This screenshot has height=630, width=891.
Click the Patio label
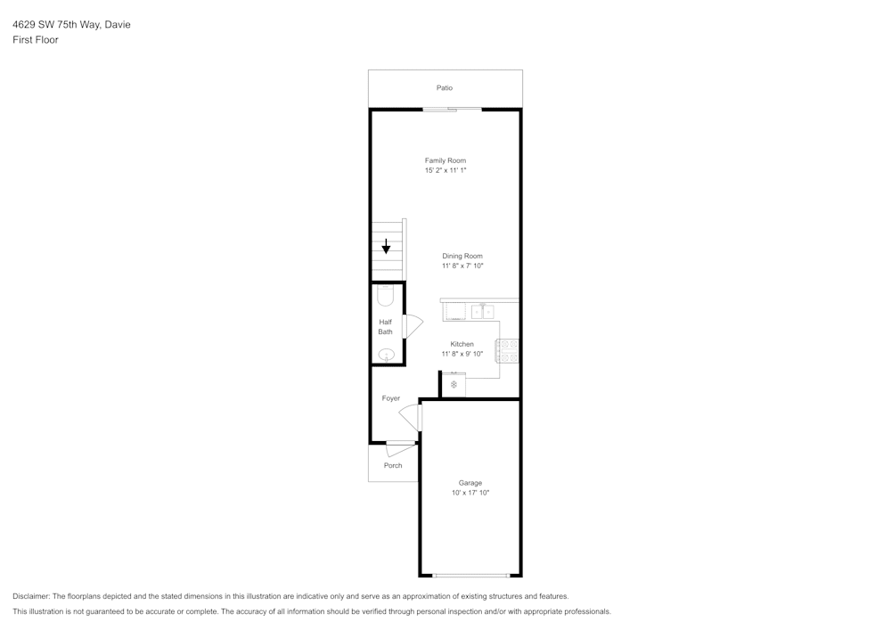(x=444, y=88)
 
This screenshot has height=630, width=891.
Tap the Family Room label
(x=445, y=160)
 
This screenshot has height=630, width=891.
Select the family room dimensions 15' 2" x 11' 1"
(x=445, y=170)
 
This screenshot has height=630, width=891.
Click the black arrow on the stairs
(x=386, y=247)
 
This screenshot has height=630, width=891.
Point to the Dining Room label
(x=462, y=256)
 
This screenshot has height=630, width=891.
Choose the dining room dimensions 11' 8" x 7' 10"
(x=462, y=266)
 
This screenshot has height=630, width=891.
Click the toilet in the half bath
(x=385, y=295)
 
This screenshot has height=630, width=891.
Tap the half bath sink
(x=386, y=355)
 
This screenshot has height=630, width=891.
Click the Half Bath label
(x=385, y=327)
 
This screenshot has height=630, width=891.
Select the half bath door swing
(x=413, y=326)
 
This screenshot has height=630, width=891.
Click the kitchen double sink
(x=483, y=311)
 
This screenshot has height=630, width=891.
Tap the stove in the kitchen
(x=508, y=350)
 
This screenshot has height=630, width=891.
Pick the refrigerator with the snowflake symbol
(x=454, y=385)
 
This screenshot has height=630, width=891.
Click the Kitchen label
(x=462, y=344)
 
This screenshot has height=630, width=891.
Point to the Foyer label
(x=391, y=398)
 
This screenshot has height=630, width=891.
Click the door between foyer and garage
(x=411, y=417)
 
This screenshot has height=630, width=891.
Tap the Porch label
(x=393, y=465)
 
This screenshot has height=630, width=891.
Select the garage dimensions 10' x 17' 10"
(x=470, y=493)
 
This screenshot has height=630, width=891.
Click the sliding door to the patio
(x=453, y=110)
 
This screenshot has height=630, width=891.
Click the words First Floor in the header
(x=36, y=40)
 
